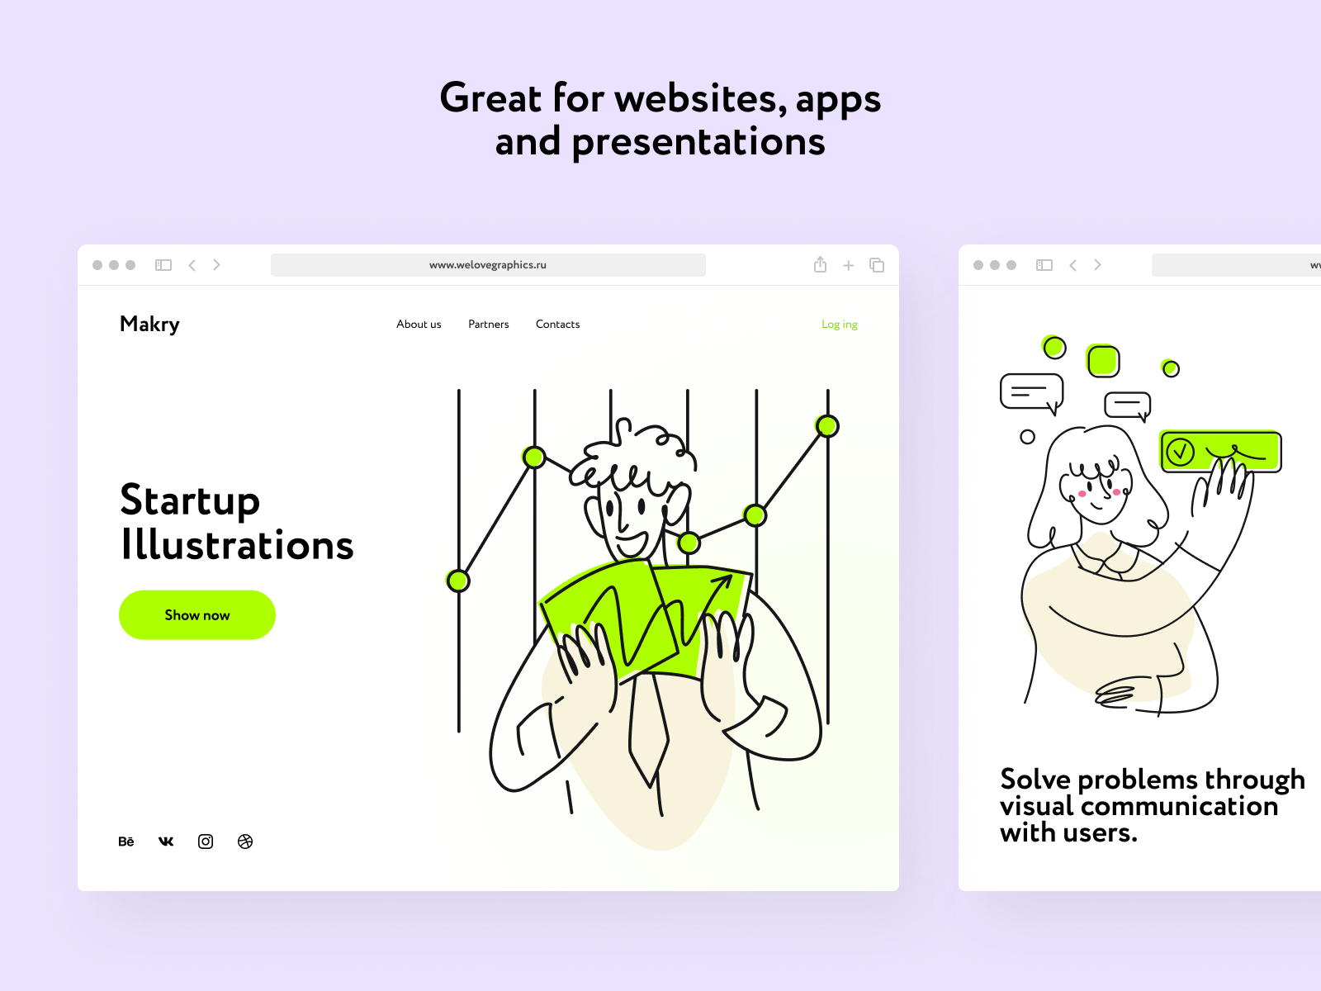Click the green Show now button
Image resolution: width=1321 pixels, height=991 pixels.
[197, 615]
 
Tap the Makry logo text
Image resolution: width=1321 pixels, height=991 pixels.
[149, 325]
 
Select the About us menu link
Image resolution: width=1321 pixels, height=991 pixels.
[419, 325]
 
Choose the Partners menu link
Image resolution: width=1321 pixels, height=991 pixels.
[489, 325]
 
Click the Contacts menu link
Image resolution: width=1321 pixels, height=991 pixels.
[558, 325]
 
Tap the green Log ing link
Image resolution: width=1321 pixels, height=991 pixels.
[840, 325]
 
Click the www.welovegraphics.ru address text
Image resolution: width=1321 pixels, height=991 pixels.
[488, 265]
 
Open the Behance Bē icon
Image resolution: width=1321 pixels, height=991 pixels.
[126, 842]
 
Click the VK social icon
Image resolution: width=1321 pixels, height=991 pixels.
[166, 842]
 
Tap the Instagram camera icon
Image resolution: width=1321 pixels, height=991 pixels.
[206, 842]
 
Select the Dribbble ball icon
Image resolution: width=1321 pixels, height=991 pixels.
[245, 842]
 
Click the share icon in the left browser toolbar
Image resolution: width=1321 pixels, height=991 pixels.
[821, 265]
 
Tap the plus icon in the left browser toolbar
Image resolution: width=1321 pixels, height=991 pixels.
[849, 265]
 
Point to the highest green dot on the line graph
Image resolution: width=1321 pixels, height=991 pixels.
[827, 426]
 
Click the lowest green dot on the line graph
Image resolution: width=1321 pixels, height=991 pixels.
[458, 581]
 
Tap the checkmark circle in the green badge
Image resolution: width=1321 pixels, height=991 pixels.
[1180, 452]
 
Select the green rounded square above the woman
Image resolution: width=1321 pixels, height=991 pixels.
[1103, 361]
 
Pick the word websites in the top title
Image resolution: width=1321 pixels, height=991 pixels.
[700, 98]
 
